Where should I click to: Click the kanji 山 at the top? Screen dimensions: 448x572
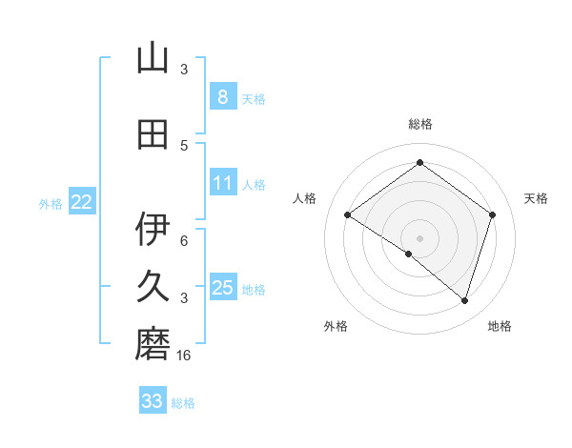(x=153, y=58)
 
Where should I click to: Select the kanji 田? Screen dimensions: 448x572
(x=153, y=134)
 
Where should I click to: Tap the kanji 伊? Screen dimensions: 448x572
(x=153, y=229)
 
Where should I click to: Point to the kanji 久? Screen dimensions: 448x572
(x=153, y=287)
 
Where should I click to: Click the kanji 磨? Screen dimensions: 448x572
(x=153, y=345)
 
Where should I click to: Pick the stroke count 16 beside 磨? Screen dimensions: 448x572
(x=184, y=356)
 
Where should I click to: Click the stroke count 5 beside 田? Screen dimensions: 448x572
(x=184, y=145)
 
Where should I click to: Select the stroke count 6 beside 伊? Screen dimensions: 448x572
(x=184, y=240)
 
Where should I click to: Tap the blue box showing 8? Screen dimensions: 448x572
(x=222, y=96)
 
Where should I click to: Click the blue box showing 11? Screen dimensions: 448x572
(x=222, y=183)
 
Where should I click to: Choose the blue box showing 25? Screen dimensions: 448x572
(x=222, y=288)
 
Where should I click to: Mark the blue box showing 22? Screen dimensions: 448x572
(x=82, y=202)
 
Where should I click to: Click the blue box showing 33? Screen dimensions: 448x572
(x=152, y=401)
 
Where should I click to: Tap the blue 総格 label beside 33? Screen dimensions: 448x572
(x=184, y=403)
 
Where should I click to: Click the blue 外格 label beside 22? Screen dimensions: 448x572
(x=51, y=203)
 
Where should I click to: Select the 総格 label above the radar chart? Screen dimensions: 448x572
(x=419, y=124)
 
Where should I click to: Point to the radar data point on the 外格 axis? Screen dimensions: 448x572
(x=409, y=254)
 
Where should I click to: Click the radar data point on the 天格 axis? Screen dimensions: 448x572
(x=492, y=214)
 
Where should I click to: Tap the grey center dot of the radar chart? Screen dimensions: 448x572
(x=419, y=237)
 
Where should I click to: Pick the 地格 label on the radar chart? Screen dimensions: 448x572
(x=500, y=326)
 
